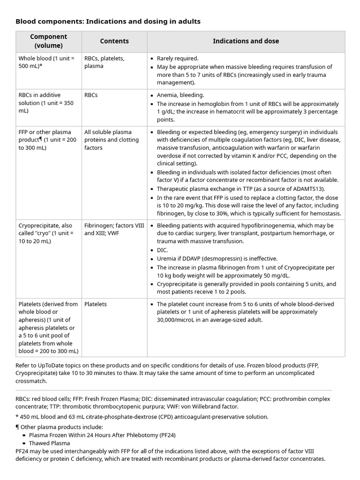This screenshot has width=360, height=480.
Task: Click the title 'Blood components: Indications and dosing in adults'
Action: (x=108, y=21)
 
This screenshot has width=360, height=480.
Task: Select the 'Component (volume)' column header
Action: (x=49, y=41)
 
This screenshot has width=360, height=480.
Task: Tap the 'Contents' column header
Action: (x=114, y=41)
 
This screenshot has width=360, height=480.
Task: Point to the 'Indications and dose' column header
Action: (x=246, y=41)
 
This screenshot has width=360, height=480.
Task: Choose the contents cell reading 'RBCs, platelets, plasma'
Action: (x=104, y=62)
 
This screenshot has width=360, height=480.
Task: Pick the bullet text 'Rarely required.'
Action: (x=178, y=59)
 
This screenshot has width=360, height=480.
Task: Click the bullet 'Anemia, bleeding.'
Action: (x=180, y=95)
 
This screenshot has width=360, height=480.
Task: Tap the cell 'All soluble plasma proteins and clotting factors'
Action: (x=112, y=140)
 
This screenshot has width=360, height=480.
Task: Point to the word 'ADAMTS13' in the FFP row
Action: (x=294, y=189)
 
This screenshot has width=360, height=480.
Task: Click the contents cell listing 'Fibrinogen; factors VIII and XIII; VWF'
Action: (x=114, y=229)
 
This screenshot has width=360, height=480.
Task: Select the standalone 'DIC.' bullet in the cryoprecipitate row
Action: (x=163, y=250)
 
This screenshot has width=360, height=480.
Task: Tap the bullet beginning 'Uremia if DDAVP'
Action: (x=217, y=258)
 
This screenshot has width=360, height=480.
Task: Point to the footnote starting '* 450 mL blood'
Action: (x=142, y=417)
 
